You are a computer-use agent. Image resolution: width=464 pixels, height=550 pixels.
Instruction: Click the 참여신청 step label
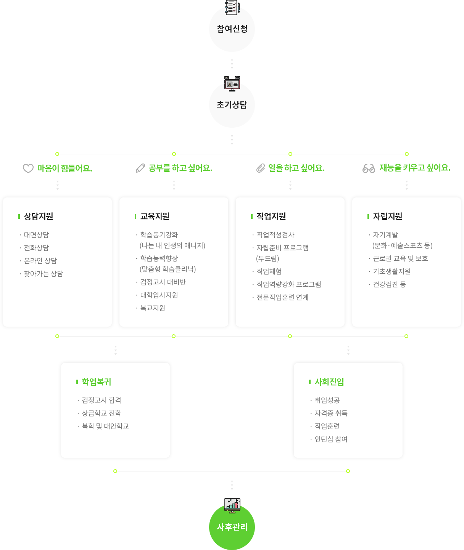pos(232,29)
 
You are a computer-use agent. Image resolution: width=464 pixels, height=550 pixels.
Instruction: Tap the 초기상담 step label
pos(232,105)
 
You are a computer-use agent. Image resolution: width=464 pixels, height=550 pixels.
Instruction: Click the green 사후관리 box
pos(232,527)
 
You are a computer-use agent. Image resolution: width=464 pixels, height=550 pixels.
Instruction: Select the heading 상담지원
pos(39,216)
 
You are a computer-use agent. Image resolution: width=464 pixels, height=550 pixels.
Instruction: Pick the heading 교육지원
pos(155,216)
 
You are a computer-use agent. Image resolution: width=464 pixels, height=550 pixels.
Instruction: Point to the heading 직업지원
pos(271,216)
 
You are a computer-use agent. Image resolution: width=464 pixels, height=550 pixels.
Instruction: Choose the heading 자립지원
pos(388,216)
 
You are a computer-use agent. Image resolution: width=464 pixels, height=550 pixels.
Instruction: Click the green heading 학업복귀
pos(97,382)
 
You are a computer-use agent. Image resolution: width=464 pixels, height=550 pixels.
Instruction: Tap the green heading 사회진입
pos(329,382)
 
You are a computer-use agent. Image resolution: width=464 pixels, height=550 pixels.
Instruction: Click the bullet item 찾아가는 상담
pos(43,274)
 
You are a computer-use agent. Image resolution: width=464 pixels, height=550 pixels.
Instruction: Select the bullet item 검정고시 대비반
pos(163,282)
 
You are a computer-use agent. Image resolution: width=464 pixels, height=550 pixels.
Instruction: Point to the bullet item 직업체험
pos(269,271)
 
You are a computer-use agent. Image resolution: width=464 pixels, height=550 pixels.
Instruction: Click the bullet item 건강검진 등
pos(389,284)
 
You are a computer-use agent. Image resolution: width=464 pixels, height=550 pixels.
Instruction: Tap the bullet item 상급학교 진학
pos(101,413)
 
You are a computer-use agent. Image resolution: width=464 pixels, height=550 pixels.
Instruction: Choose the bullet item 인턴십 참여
pos(331,439)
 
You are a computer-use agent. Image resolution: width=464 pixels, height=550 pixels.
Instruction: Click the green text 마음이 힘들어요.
pos(64,168)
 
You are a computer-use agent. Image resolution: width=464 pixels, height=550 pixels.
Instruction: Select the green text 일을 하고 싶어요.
pos(296,168)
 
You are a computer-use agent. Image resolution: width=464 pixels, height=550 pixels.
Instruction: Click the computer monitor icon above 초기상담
pos(232,84)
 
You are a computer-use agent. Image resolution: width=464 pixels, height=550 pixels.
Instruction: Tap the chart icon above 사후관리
pos(232,505)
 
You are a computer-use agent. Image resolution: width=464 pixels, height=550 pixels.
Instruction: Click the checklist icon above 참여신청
pos(232,7)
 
